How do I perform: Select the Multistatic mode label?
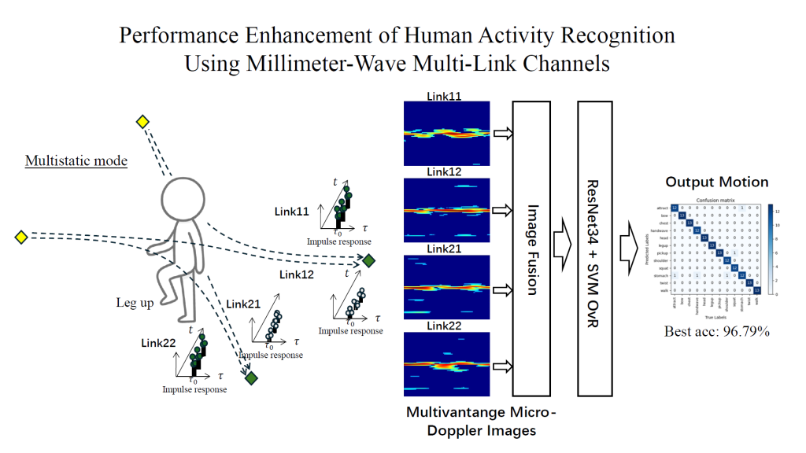[76, 161]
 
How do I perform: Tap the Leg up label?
[135, 303]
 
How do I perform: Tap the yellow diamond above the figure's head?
[142, 121]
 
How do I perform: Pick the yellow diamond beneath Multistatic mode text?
[20, 236]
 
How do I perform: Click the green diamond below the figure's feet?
[251, 378]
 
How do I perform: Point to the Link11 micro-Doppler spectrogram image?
[446, 131]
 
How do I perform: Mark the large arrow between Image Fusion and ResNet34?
[563, 246]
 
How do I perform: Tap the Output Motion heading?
[716, 182]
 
